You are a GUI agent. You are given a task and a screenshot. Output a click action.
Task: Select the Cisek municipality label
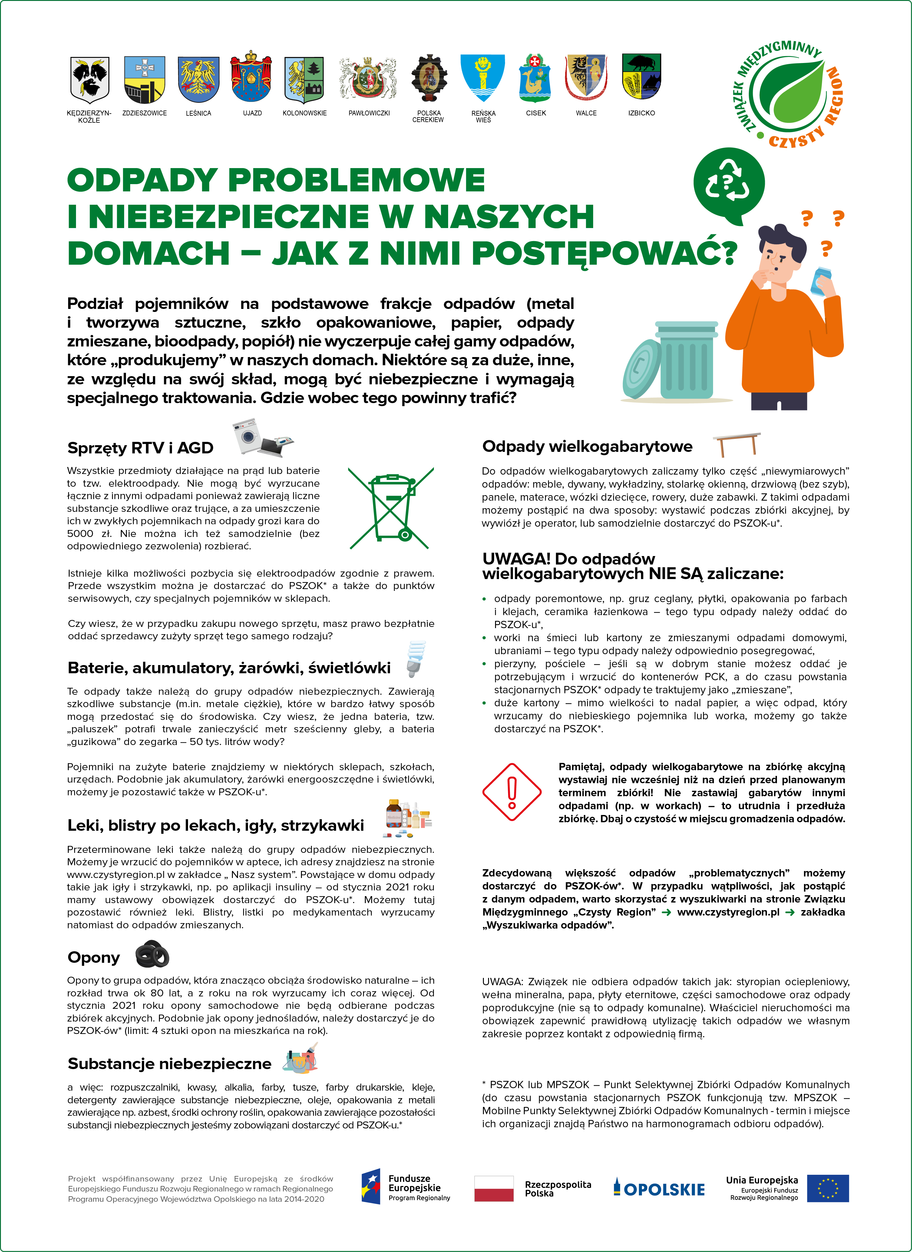coord(536,113)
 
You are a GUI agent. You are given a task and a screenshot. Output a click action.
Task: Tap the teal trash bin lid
coord(642,369)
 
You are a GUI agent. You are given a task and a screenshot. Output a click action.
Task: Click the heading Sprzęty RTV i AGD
coord(140,448)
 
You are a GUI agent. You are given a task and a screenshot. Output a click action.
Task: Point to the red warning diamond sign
coord(512,792)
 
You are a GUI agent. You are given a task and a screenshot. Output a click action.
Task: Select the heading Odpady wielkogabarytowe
coord(587,447)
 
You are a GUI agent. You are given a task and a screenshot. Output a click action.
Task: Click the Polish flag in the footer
coord(494,1188)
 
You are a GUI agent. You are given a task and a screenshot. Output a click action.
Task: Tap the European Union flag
coord(828,1188)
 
